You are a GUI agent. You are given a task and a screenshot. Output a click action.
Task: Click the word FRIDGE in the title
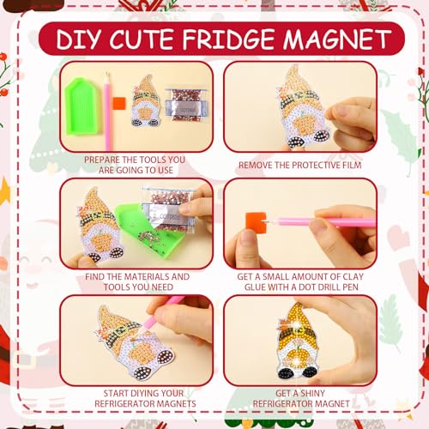(x=228, y=39)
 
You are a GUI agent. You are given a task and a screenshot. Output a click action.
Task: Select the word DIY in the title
(x=79, y=39)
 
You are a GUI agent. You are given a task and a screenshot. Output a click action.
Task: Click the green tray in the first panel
(x=82, y=106)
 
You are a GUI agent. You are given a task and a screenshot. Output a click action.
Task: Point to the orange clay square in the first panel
(x=119, y=103)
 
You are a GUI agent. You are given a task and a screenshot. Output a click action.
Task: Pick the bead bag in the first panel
(x=185, y=105)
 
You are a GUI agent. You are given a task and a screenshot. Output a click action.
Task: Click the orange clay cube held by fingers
(x=256, y=221)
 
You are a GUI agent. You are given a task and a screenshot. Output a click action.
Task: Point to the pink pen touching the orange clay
(x=320, y=221)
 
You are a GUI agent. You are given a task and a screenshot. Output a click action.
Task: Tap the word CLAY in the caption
(x=353, y=276)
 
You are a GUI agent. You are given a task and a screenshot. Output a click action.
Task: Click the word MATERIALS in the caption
(x=147, y=276)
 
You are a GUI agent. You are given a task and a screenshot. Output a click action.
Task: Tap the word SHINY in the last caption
(x=311, y=393)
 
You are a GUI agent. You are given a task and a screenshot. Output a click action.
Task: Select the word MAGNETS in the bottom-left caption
(x=178, y=403)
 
